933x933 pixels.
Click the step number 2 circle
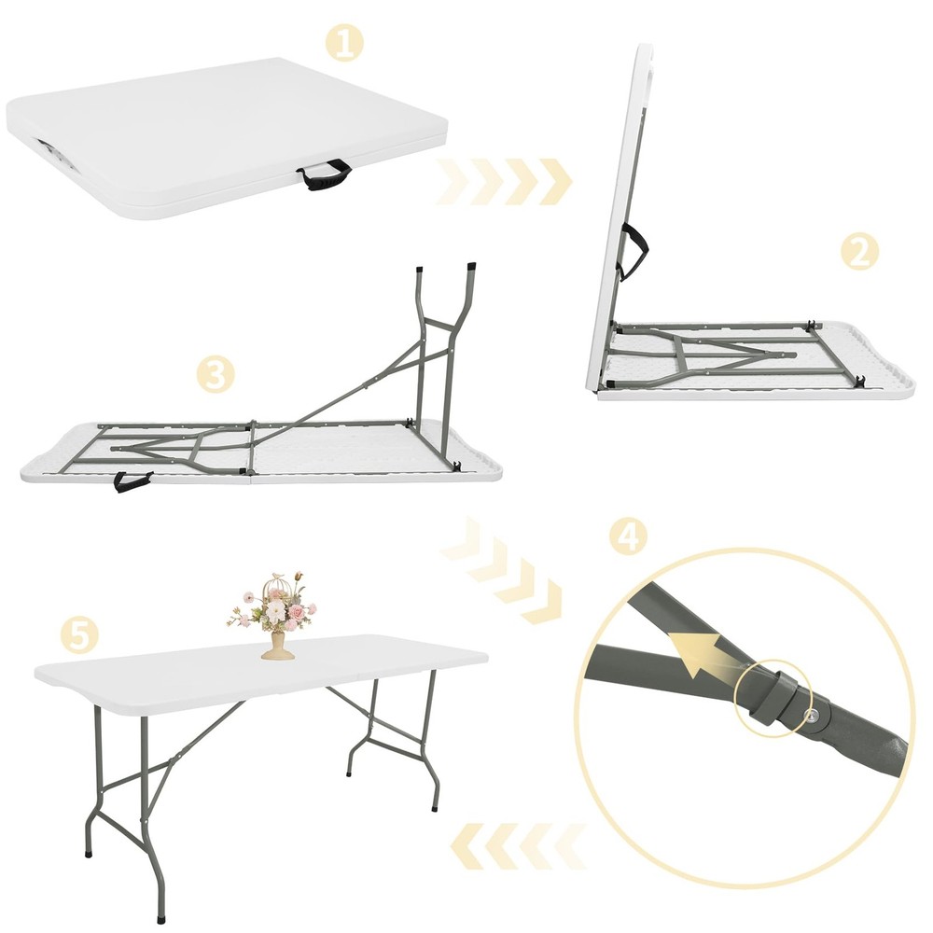pyautogui.click(x=859, y=251)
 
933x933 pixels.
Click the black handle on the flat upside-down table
pyautogui.click(x=132, y=480)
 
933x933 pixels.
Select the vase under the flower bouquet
pyautogui.click(x=277, y=645)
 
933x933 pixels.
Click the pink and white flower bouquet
pyautogui.click(x=274, y=602)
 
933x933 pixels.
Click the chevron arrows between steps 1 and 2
pyautogui.click(x=504, y=181)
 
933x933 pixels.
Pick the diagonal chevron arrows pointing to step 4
pyautogui.click(x=504, y=568)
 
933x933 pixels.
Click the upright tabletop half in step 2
pyautogui.click(x=616, y=215)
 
